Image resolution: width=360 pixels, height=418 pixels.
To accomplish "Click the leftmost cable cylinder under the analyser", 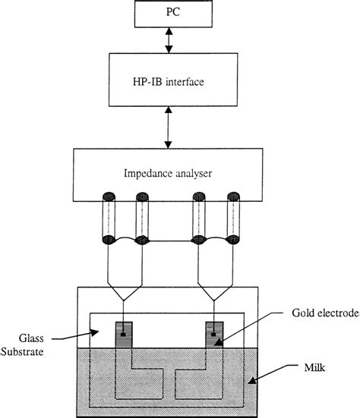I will point(107,219).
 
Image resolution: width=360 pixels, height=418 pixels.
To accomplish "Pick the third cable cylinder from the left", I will point(201,219).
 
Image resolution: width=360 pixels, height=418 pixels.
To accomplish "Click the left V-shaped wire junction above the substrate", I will point(124,292).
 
